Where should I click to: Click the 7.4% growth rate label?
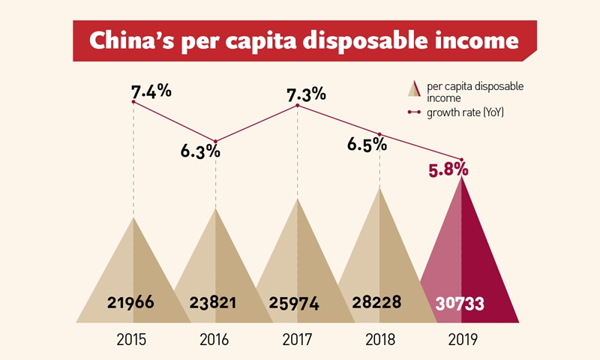(151, 91)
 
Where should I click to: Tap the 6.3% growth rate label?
(200, 150)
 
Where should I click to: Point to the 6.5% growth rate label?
(367, 144)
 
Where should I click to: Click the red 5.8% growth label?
(448, 170)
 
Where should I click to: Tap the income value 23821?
(213, 303)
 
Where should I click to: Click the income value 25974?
(295, 304)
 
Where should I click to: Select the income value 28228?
(376, 303)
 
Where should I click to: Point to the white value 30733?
(460, 304)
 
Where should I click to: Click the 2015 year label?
(131, 339)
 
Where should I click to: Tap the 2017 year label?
(297, 339)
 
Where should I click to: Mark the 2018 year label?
(379, 339)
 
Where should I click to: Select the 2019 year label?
(461, 339)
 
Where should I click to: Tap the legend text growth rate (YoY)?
(464, 112)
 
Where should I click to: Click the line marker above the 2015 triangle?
(133, 102)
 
